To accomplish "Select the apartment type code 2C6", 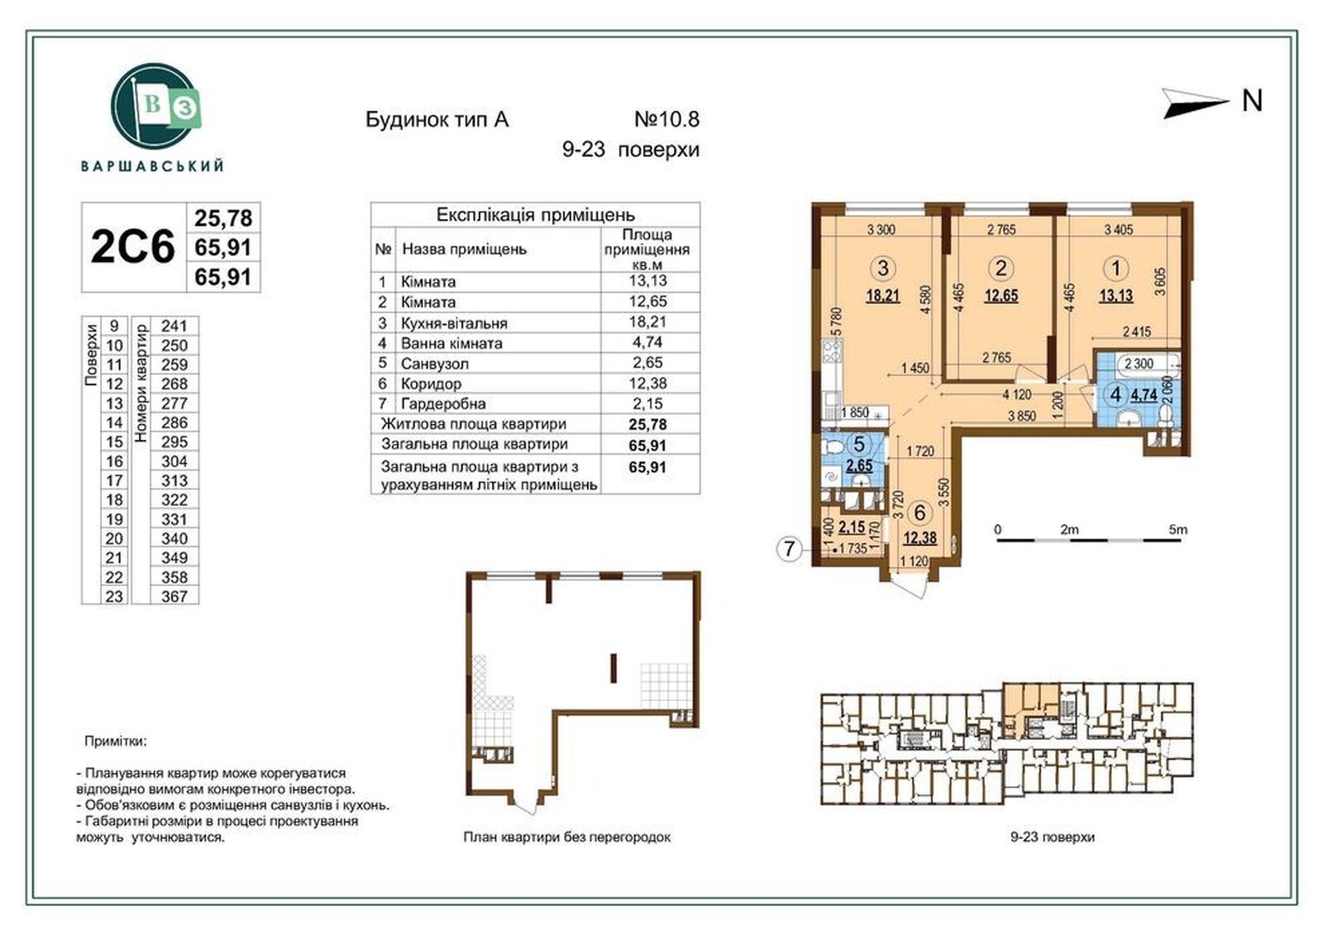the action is pyautogui.click(x=133, y=247).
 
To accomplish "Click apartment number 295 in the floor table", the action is pyautogui.click(x=174, y=441).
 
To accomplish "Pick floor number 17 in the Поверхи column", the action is pyautogui.click(x=114, y=481).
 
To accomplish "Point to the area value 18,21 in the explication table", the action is pyautogui.click(x=647, y=322).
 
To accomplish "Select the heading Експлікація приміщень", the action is pyautogui.click(x=535, y=214).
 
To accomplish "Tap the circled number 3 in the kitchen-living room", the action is pyautogui.click(x=883, y=269).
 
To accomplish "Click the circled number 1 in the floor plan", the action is pyautogui.click(x=1115, y=269).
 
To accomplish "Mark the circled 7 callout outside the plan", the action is pyautogui.click(x=789, y=550).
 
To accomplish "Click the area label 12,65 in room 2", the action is pyautogui.click(x=1001, y=295).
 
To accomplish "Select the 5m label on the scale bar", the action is pyautogui.click(x=1177, y=530).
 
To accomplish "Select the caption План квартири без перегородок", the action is pyautogui.click(x=567, y=837).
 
